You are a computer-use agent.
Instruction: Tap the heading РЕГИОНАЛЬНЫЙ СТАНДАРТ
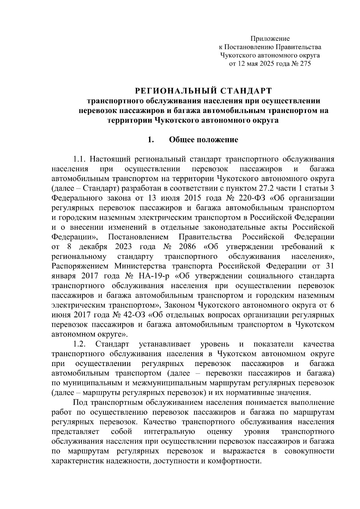(203, 90)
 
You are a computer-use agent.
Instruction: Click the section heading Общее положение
(204, 140)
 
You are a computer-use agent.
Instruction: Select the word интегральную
(169, 432)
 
